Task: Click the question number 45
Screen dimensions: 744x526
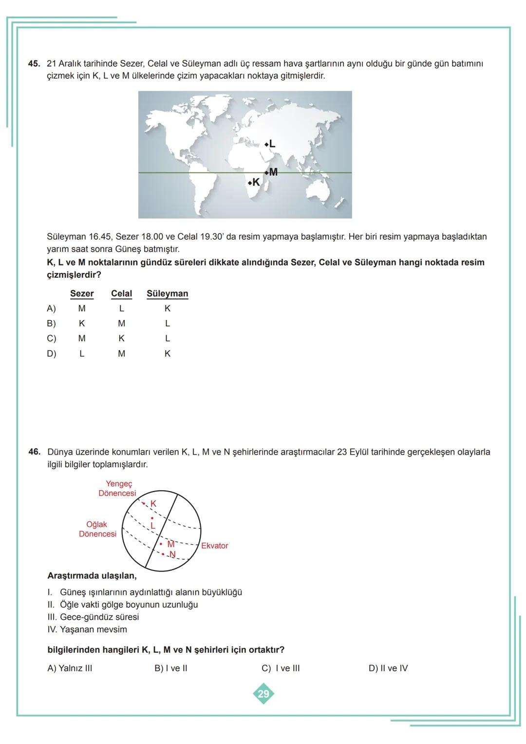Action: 34,64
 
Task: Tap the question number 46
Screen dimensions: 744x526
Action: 34,452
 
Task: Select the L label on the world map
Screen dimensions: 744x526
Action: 272,144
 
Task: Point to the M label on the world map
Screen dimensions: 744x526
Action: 273,172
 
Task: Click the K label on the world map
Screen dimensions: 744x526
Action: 256,183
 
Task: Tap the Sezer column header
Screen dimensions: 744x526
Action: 82,293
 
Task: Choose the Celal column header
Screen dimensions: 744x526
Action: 121,293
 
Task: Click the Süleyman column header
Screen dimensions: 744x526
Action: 167,293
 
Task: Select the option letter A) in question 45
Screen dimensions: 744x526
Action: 51,308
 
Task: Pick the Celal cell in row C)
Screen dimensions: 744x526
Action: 121,338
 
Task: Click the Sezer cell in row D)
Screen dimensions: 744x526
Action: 82,354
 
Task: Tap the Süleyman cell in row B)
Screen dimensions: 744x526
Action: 167,323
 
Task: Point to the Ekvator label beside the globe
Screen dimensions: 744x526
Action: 214,546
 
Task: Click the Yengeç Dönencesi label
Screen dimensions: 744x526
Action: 117,488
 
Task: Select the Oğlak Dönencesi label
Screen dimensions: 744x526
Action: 97,529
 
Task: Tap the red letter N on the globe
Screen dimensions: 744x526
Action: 172,554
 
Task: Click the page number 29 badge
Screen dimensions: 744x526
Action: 263,694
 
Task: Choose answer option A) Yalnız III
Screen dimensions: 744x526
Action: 70,668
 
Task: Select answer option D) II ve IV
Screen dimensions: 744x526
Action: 388,668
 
